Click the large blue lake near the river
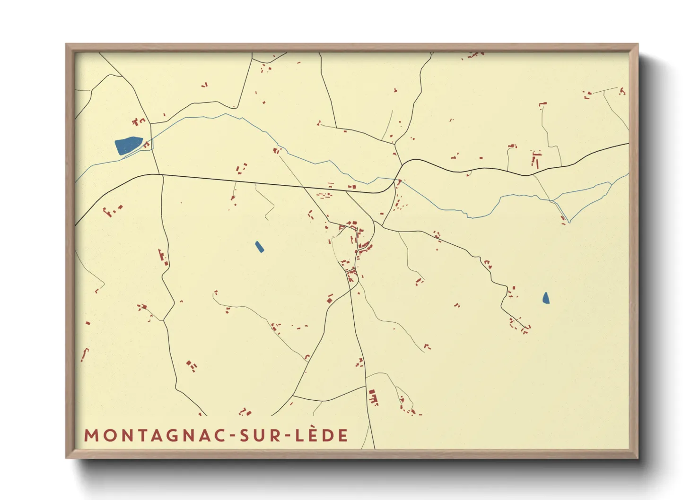[x=128, y=146]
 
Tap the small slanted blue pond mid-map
[x=259, y=247]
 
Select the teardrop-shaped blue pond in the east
[x=546, y=298]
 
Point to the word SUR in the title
[x=259, y=436]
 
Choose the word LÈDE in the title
[x=322, y=436]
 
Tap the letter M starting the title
[x=91, y=436]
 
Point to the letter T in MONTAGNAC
[x=142, y=436]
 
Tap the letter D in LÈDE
[x=328, y=436]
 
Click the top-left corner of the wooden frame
[x=66, y=44]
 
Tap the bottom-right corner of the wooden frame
[x=638, y=457]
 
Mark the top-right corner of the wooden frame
[x=638, y=44]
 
